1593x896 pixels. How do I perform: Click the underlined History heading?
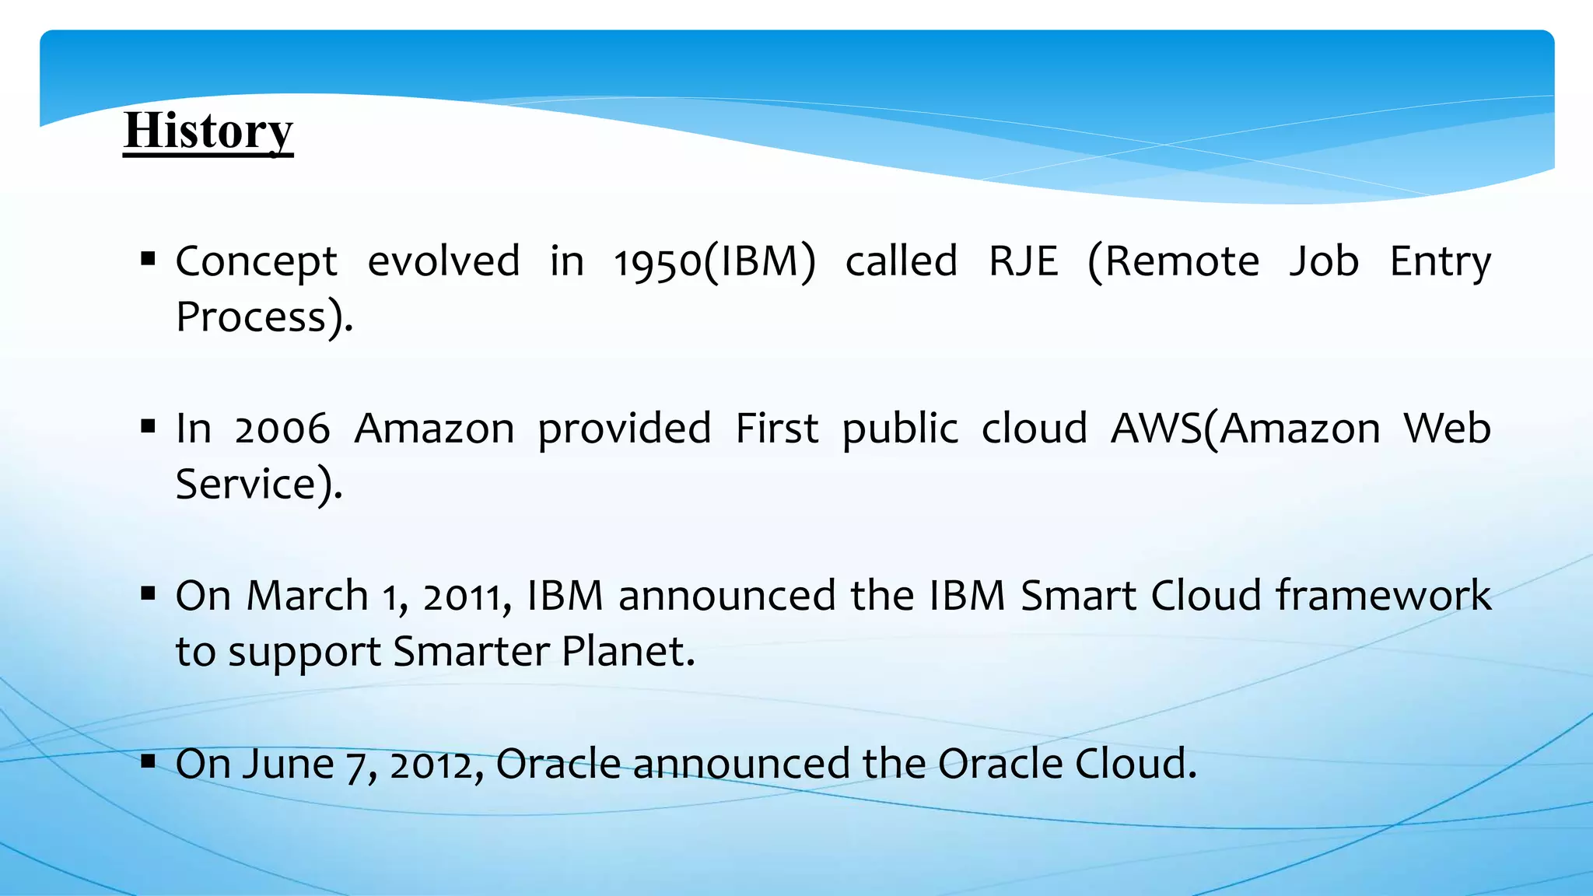pyautogui.click(x=208, y=131)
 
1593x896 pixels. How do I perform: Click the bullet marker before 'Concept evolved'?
pyautogui.click(x=149, y=258)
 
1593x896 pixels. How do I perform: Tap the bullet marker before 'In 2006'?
pyautogui.click(x=149, y=425)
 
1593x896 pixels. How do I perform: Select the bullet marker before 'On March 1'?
pyautogui.click(x=149, y=593)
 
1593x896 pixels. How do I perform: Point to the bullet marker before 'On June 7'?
pyautogui.click(x=149, y=761)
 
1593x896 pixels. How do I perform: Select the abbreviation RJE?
pyautogui.click(x=1023, y=261)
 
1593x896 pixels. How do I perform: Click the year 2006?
pyautogui.click(x=282, y=429)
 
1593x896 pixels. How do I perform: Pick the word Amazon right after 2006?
pyautogui.click(x=434, y=429)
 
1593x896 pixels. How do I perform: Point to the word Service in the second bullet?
pyautogui.click(x=244, y=485)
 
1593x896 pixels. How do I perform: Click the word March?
pyautogui.click(x=307, y=596)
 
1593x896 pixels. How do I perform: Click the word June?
pyautogui.click(x=288, y=764)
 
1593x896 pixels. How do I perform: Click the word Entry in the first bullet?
pyautogui.click(x=1441, y=263)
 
